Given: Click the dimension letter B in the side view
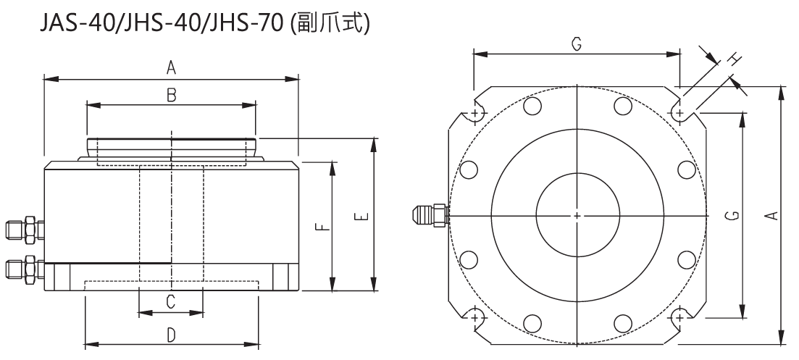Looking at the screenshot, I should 171,95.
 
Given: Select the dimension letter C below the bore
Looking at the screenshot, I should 171,302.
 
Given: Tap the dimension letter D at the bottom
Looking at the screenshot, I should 171,335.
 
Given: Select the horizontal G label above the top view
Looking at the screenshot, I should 576,44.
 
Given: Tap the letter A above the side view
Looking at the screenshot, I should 171,67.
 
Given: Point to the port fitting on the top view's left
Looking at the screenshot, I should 429,215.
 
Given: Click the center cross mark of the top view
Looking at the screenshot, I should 577,216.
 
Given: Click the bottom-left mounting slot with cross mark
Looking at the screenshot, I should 476,317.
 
